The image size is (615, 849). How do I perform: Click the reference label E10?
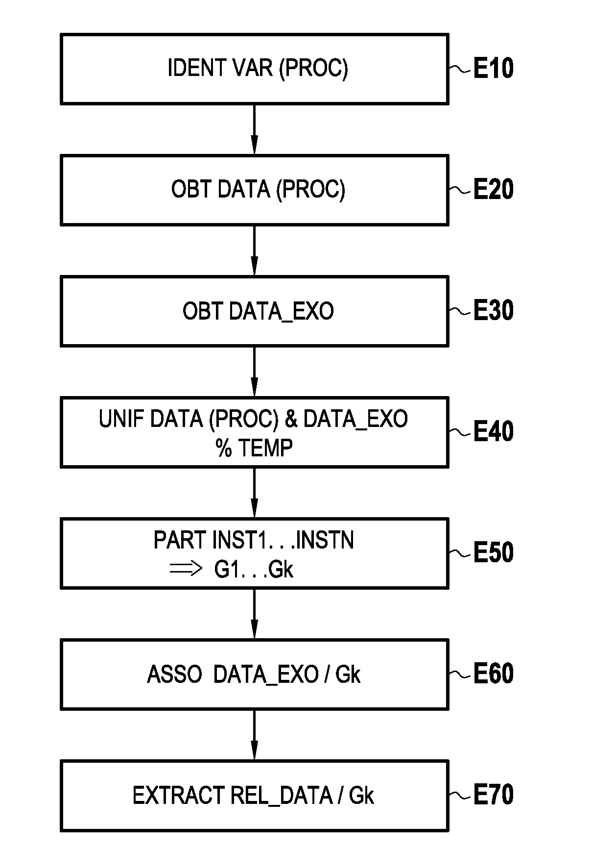(x=493, y=68)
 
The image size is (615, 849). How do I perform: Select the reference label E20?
(x=493, y=189)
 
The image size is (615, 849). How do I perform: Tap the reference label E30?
(x=493, y=310)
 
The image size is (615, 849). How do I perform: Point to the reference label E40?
(x=493, y=431)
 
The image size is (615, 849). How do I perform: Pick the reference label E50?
(x=493, y=552)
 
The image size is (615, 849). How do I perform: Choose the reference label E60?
(x=493, y=674)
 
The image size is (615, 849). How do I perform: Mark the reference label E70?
(x=493, y=795)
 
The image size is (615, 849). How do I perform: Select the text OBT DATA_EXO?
(x=258, y=311)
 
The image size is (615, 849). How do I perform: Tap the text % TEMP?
(x=254, y=448)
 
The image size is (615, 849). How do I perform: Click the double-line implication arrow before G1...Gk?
(x=186, y=569)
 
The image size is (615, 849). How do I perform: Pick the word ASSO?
(x=174, y=674)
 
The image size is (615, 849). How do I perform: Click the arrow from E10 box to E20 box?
(x=254, y=129)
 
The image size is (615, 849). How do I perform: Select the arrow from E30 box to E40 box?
(x=254, y=372)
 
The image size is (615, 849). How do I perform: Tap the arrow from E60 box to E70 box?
(x=254, y=735)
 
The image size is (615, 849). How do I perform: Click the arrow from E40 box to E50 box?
(x=254, y=493)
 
